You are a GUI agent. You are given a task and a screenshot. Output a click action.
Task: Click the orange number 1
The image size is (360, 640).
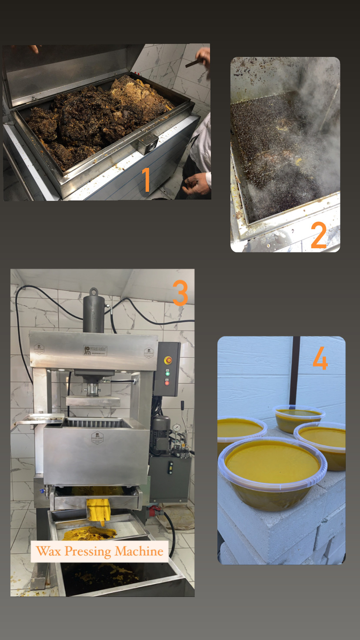[146, 180]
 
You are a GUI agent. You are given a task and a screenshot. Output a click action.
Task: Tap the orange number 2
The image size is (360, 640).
[319, 235]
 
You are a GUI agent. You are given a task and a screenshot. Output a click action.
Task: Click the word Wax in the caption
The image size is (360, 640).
[49, 551]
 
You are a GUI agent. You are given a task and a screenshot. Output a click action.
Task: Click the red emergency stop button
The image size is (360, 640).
[168, 360]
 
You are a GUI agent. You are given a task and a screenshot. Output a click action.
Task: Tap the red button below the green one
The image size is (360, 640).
[167, 382]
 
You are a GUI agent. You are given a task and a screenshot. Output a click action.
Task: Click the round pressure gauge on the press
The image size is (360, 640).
[177, 428]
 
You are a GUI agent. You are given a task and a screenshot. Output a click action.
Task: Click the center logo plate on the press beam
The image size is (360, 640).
[95, 350]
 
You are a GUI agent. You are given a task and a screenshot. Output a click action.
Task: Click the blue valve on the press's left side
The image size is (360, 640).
[42, 493]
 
